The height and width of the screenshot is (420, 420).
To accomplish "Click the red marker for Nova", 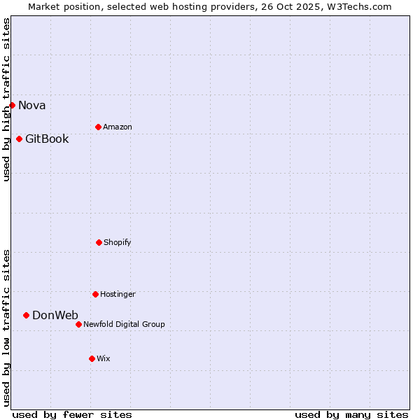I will pyautogui.click(x=12, y=105).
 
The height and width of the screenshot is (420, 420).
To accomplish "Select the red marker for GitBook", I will pyautogui.click(x=19, y=139).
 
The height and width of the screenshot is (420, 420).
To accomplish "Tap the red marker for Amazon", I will pyautogui.click(x=98, y=127).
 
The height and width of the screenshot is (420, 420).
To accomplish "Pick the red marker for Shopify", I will pyautogui.click(x=99, y=242).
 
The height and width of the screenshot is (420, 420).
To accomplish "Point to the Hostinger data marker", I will pyautogui.click(x=95, y=294).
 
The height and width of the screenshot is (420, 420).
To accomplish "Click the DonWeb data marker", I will pyautogui.click(x=26, y=315).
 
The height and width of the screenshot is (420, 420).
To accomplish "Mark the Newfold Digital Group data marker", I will pyautogui.click(x=78, y=324).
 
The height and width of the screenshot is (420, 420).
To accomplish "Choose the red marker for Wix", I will pyautogui.click(x=92, y=358).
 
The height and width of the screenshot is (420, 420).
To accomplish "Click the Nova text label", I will pyautogui.click(x=32, y=106).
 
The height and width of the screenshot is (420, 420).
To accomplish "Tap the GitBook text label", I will pyautogui.click(x=47, y=139).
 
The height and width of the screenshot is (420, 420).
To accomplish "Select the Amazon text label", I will pyautogui.click(x=118, y=127).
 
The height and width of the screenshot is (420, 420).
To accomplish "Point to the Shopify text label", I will pyautogui.click(x=118, y=243).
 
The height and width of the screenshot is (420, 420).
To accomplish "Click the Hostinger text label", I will pyautogui.click(x=118, y=295).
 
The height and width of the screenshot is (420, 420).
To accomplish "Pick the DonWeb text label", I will pyautogui.click(x=55, y=316).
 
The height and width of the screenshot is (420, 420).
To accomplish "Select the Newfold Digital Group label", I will pyautogui.click(x=124, y=325).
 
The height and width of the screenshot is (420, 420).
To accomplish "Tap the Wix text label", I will pyautogui.click(x=104, y=359).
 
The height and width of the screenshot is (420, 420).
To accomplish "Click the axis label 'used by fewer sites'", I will pyautogui.click(x=72, y=414).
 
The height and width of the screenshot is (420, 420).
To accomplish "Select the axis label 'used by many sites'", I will pyautogui.click(x=351, y=414).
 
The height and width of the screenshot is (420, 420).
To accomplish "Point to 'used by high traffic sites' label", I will pyautogui.click(x=6, y=99).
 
